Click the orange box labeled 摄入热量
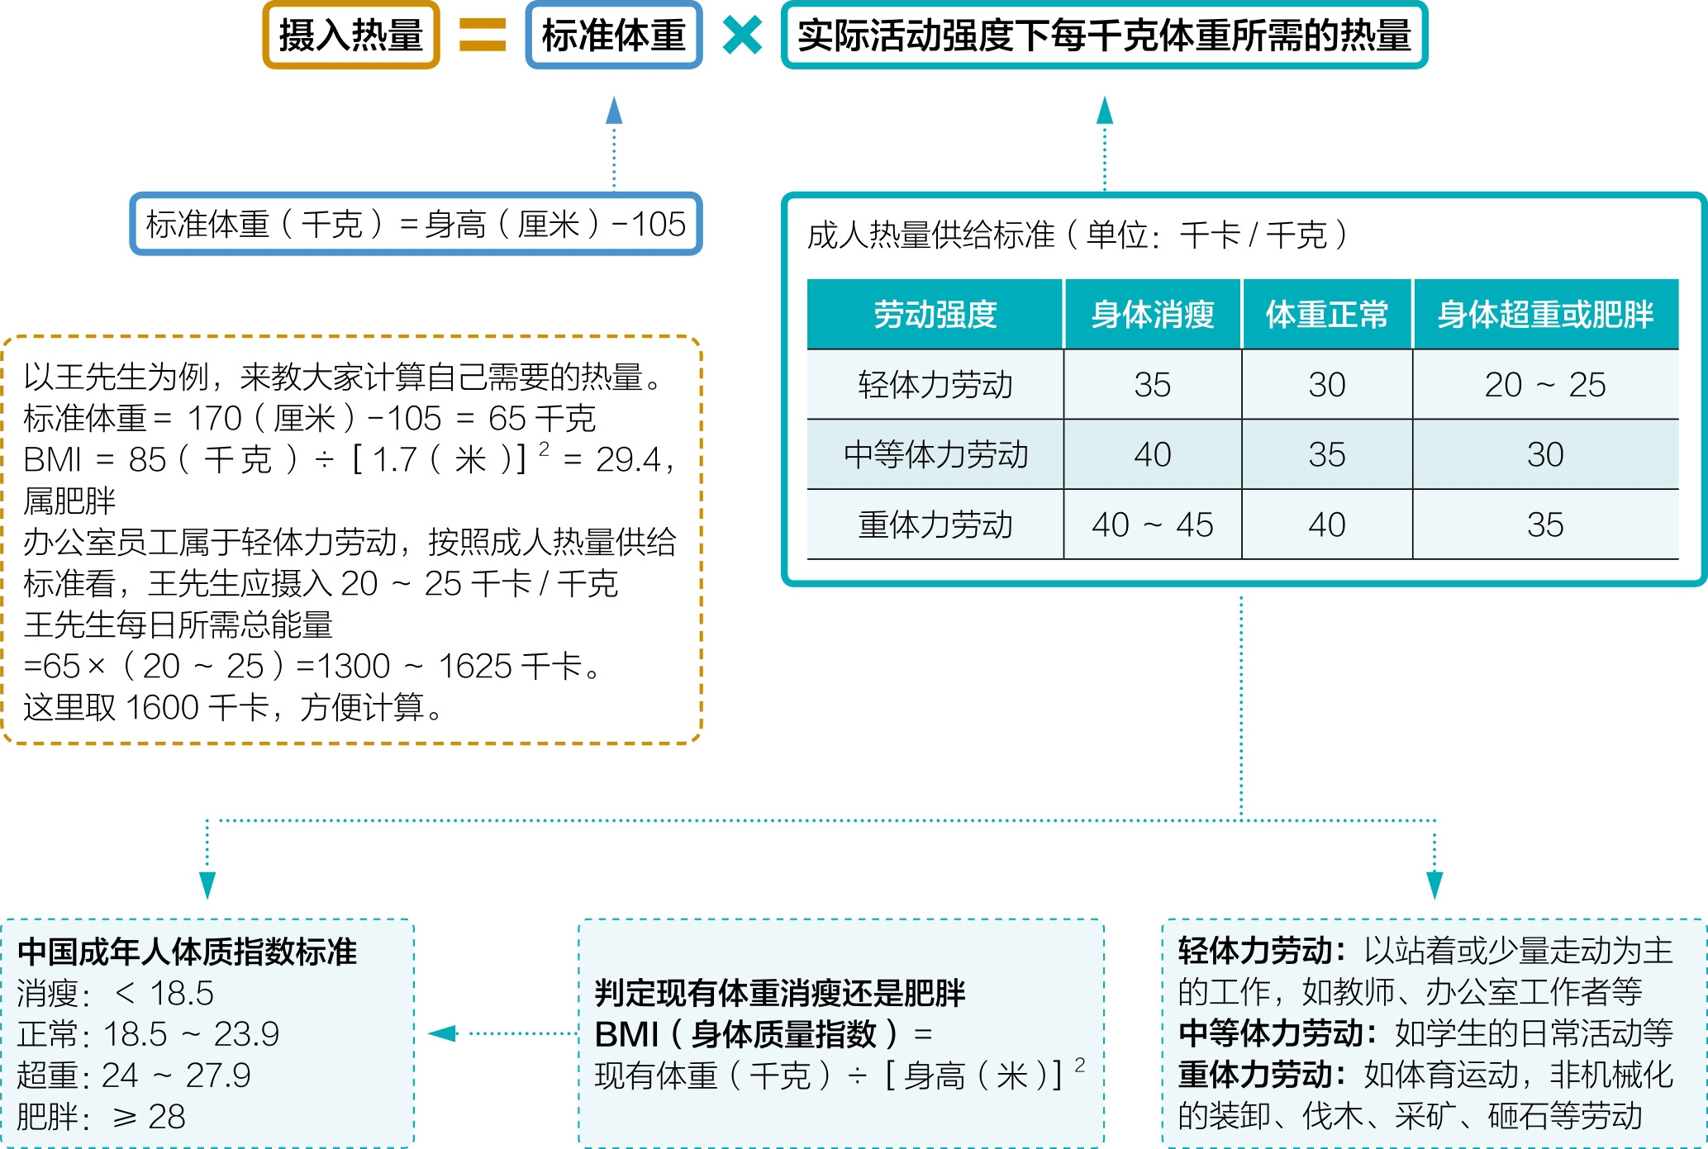[351, 36]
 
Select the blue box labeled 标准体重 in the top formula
[614, 36]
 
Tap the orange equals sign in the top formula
[483, 36]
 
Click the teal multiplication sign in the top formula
[742, 36]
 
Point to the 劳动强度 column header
[935, 315]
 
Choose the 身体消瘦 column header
[1153, 315]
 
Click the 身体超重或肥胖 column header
[1545, 315]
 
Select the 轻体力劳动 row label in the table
[935, 385]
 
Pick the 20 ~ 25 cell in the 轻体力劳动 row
[1545, 385]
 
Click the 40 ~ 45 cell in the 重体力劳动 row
[1153, 525]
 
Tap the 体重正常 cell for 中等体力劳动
[1327, 454]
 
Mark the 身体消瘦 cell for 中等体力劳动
[1153, 454]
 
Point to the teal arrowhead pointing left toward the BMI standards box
[443, 1033]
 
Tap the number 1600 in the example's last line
[163, 708]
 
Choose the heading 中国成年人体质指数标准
[188, 952]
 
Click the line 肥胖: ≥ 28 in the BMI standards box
[101, 1117]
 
